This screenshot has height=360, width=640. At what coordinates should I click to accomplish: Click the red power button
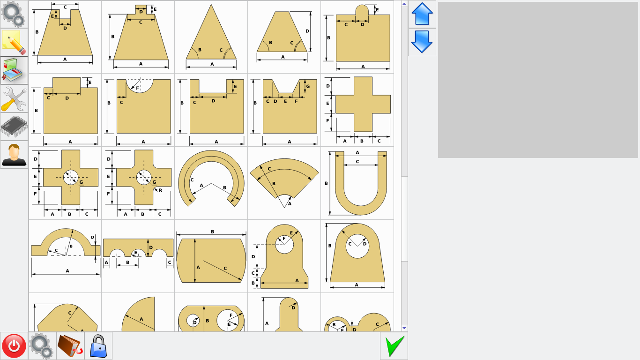(14, 345)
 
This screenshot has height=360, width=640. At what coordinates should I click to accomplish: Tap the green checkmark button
(394, 346)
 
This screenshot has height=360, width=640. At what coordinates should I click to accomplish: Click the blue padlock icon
(98, 346)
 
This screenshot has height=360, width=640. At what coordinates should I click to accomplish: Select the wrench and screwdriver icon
(14, 98)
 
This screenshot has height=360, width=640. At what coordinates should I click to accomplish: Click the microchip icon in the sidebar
(14, 127)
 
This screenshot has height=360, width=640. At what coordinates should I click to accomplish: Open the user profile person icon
(14, 155)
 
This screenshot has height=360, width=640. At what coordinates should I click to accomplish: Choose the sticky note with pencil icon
(14, 42)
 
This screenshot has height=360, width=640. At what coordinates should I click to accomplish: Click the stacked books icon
(14, 70)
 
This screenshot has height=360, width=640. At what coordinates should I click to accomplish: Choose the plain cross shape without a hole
(363, 104)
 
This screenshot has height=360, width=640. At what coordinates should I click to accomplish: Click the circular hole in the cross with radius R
(144, 177)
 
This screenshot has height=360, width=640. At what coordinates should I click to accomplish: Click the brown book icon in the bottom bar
(70, 346)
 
